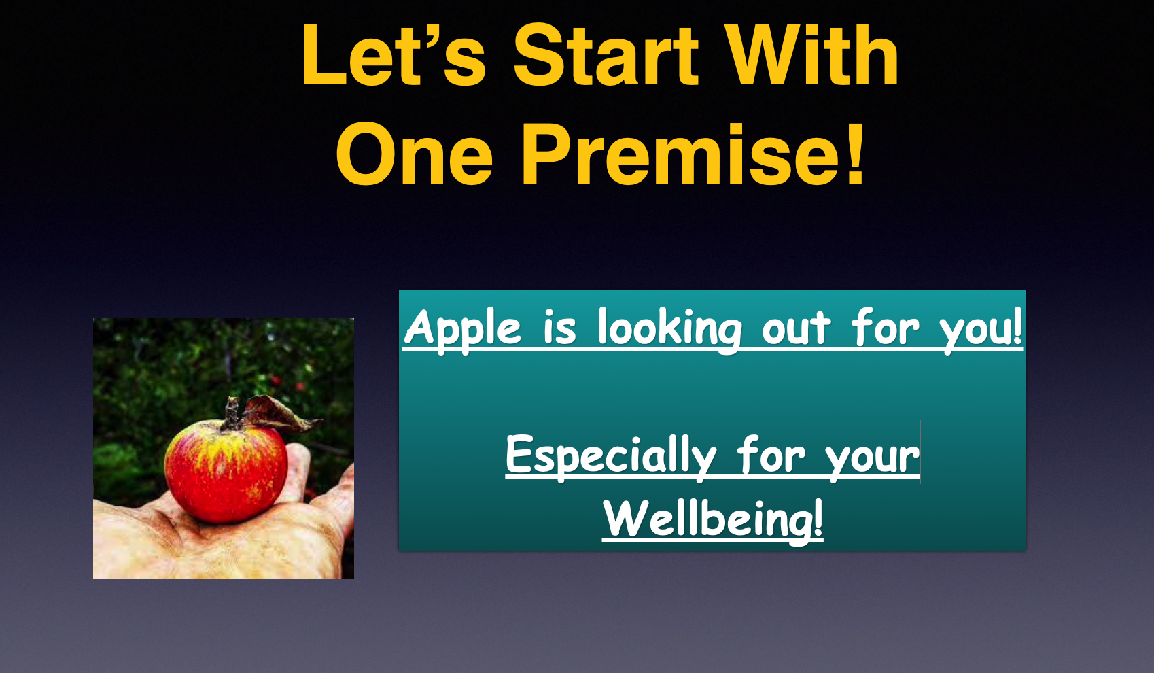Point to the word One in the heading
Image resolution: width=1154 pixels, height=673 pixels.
pos(414,154)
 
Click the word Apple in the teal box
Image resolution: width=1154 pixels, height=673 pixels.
pos(463,329)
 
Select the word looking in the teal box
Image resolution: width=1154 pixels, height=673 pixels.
pos(669,329)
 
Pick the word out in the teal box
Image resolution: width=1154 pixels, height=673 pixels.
pos(796,329)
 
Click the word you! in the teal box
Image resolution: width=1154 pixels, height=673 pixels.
pos(981,329)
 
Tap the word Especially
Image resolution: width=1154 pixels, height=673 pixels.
pos(611,456)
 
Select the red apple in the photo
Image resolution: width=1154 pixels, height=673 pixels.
pos(226,471)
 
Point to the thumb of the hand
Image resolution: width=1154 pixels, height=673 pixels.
pos(299,470)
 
